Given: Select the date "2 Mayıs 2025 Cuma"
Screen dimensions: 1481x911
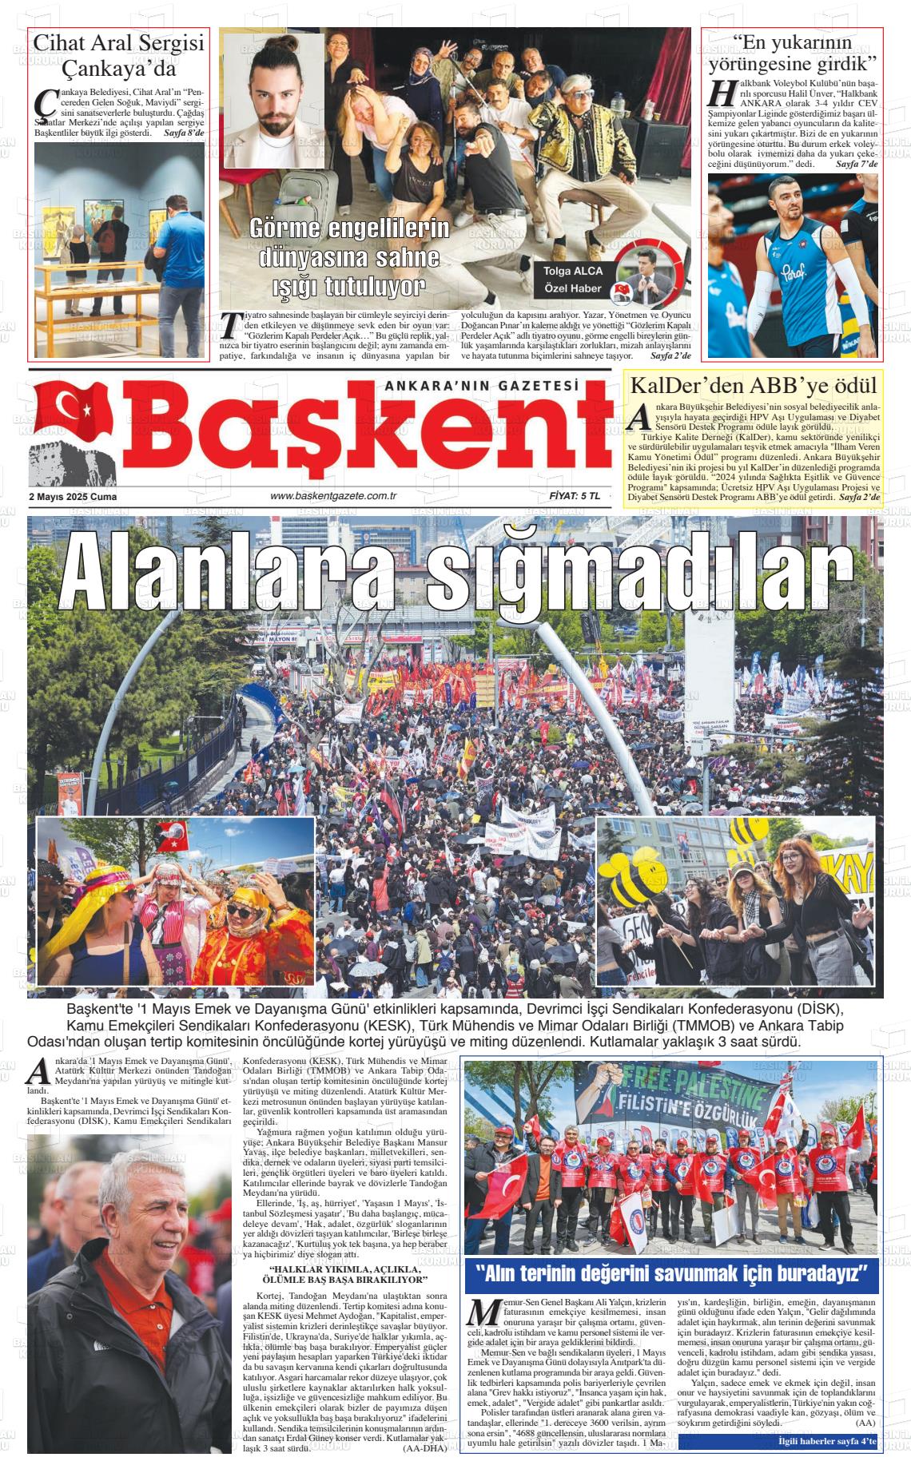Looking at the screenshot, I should click(x=73, y=497).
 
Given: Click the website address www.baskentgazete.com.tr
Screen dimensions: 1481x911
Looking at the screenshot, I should click(x=334, y=497).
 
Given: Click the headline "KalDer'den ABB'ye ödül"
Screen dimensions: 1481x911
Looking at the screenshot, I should click(x=754, y=384).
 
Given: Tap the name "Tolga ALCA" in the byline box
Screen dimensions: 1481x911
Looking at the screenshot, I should click(x=573, y=271).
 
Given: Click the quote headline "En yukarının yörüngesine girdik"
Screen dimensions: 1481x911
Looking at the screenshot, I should click(x=793, y=53).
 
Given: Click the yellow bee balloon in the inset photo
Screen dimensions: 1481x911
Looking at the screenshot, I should click(x=635, y=876).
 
